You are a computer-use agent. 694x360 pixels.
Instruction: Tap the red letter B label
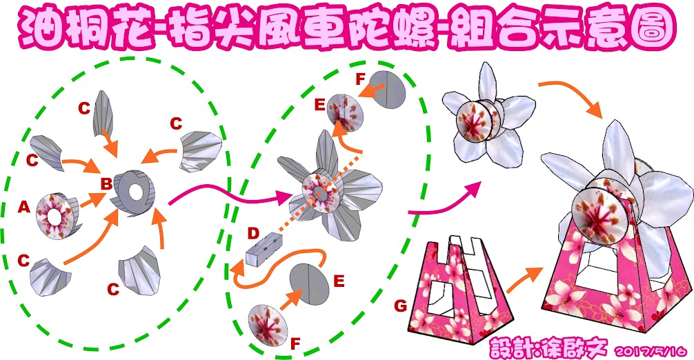point(106,183)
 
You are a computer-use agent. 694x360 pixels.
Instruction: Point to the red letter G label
point(400,303)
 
